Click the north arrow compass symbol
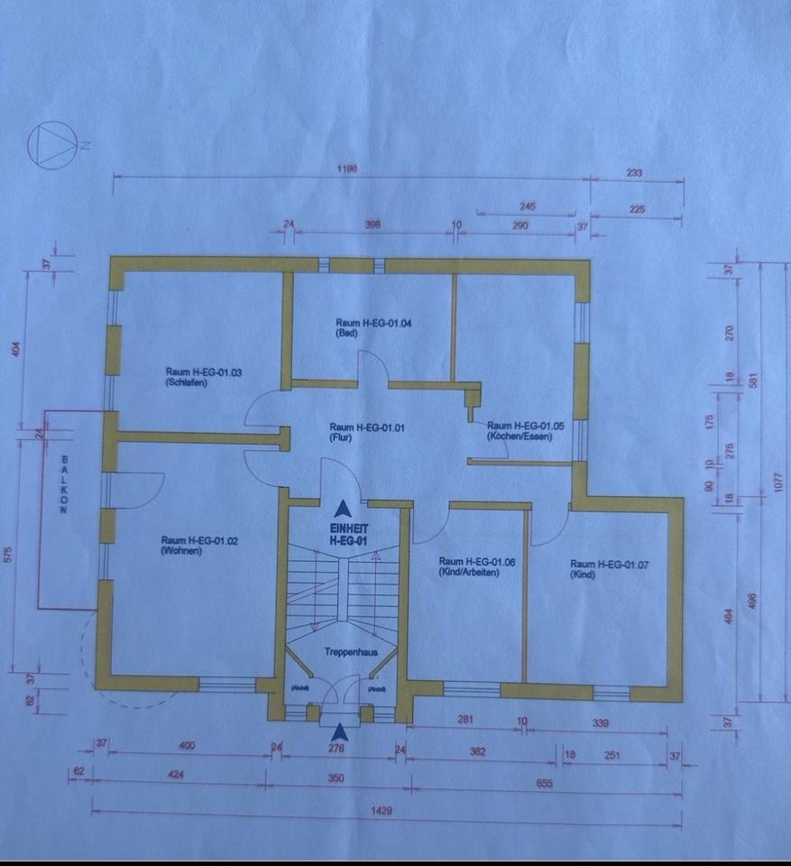[x=49, y=144]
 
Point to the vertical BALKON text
[x=64, y=485]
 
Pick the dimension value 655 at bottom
[x=544, y=783]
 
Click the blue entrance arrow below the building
[x=339, y=732]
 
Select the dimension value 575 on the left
[x=10, y=553]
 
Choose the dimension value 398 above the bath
[x=373, y=226]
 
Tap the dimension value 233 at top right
[x=633, y=172]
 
